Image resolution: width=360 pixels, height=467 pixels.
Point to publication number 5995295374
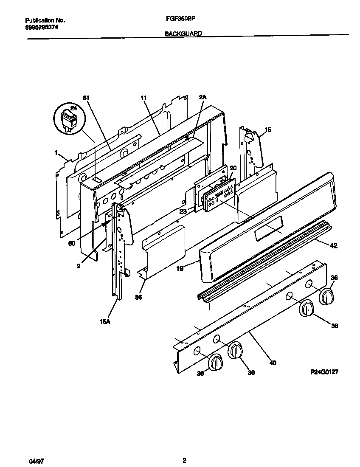pos(42,27)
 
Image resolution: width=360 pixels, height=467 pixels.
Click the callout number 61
pos(86,98)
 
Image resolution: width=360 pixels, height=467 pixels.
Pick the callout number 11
pos(143,98)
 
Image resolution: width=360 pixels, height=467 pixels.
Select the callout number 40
pos(273,363)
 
